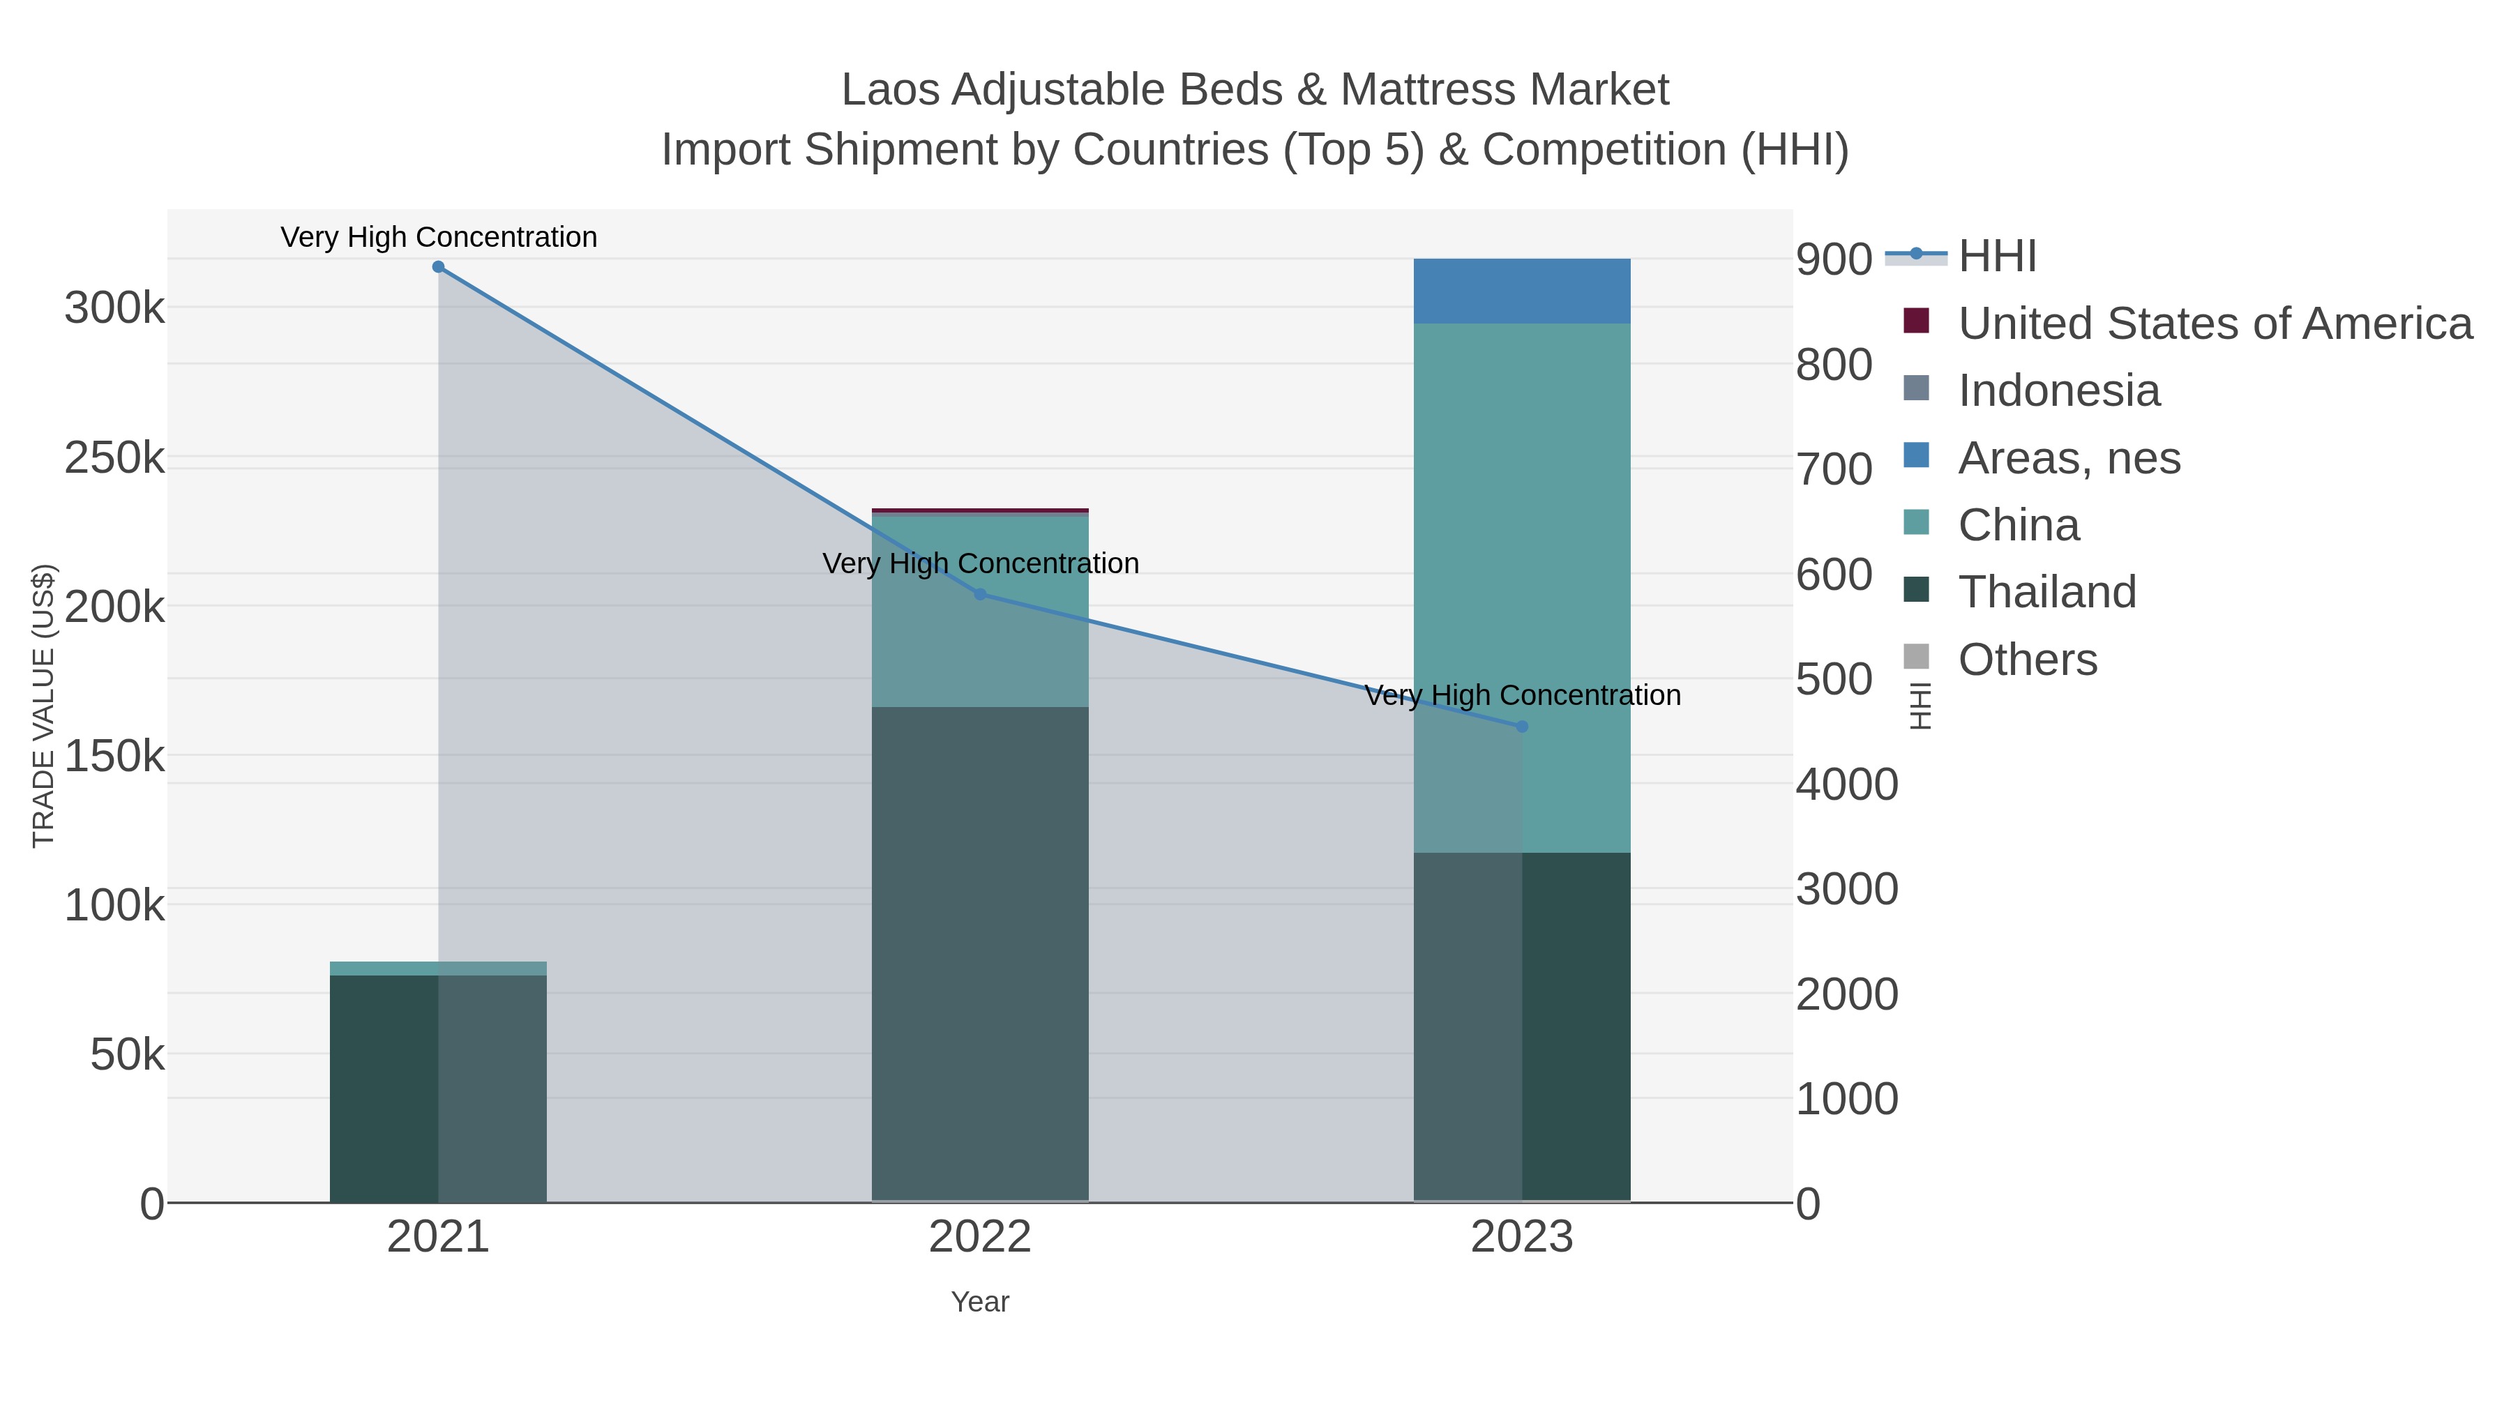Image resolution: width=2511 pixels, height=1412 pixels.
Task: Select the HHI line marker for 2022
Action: pyautogui.click(x=980, y=594)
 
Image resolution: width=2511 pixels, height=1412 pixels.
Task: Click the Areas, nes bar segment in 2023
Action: pyautogui.click(x=1522, y=290)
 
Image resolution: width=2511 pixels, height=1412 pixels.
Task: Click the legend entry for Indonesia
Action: pyautogui.click(x=2059, y=390)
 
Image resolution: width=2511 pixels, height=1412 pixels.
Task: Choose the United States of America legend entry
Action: pyautogui.click(x=2215, y=324)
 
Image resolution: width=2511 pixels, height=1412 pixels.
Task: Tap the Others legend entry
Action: pyautogui.click(x=2028, y=660)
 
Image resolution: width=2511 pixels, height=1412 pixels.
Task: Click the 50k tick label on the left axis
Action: pyautogui.click(x=127, y=1054)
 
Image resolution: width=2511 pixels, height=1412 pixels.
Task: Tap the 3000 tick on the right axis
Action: pyautogui.click(x=1846, y=889)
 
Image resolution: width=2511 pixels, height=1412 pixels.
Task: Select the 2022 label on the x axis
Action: pyautogui.click(x=980, y=1238)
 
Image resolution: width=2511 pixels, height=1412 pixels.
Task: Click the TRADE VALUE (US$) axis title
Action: pyautogui.click(x=44, y=706)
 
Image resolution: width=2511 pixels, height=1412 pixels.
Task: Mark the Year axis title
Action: pyautogui.click(x=980, y=1302)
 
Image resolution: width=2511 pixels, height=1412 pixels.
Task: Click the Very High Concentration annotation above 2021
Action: pyautogui.click(x=439, y=237)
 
